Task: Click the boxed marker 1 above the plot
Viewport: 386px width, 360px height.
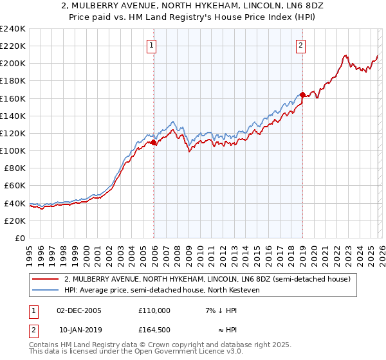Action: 151,45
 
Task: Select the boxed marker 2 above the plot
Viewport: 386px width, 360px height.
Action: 300,45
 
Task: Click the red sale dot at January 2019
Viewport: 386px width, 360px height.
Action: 302,95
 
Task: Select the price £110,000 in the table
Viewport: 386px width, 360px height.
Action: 154,310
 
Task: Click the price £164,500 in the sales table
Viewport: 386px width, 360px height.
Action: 154,330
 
